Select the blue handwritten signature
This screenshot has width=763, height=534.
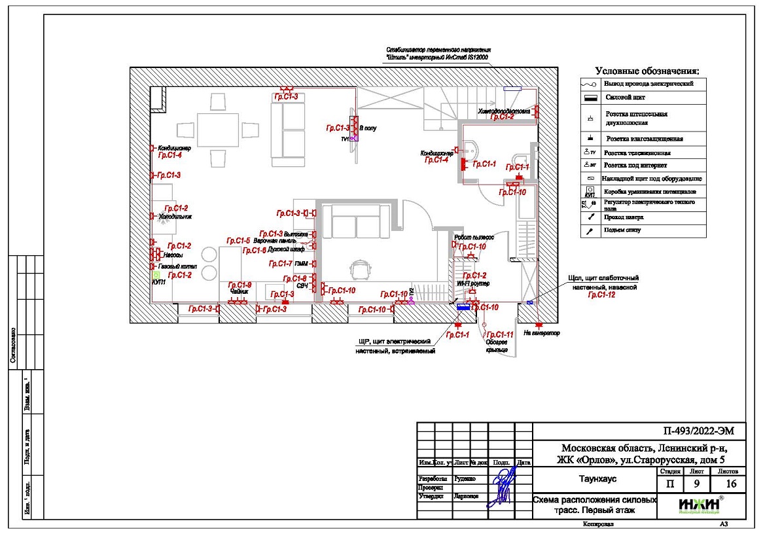504,484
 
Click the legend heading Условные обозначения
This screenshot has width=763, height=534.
647,71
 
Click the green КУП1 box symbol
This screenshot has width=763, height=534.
156,276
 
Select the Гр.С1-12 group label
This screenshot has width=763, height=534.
601,296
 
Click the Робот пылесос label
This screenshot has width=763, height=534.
474,238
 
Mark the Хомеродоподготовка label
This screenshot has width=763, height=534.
504,110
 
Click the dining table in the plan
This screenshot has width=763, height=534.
218,130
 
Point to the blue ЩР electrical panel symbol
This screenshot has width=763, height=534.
464,308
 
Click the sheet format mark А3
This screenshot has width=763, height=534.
724,524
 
